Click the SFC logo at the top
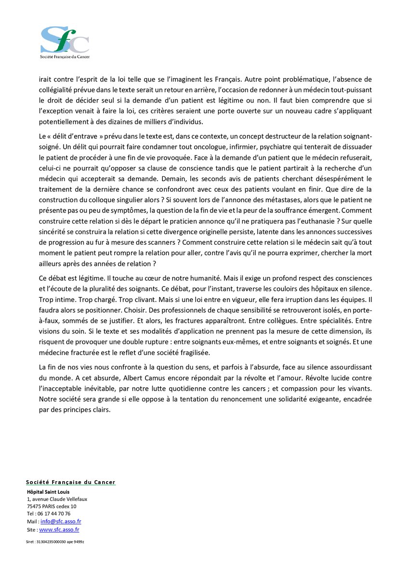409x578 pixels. pyautogui.click(x=65, y=39)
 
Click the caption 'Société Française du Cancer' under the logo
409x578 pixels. pyautogui.click(x=65, y=56)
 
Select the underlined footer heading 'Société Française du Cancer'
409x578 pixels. pyautogui.click(x=71, y=482)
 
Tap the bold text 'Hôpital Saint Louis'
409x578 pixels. pyautogui.click(x=48, y=492)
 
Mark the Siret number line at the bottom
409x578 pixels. pyautogui.click(x=55, y=542)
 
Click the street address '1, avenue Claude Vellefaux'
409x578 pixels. pyautogui.click(x=57, y=499)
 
